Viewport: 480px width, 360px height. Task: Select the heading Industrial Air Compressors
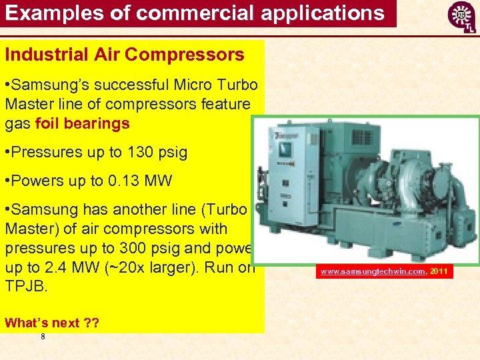click(x=125, y=55)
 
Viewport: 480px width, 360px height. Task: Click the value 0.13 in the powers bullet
click(x=122, y=181)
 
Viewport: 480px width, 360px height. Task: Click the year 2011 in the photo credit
click(x=438, y=271)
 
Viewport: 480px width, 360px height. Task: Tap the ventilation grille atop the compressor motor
click(x=363, y=137)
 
